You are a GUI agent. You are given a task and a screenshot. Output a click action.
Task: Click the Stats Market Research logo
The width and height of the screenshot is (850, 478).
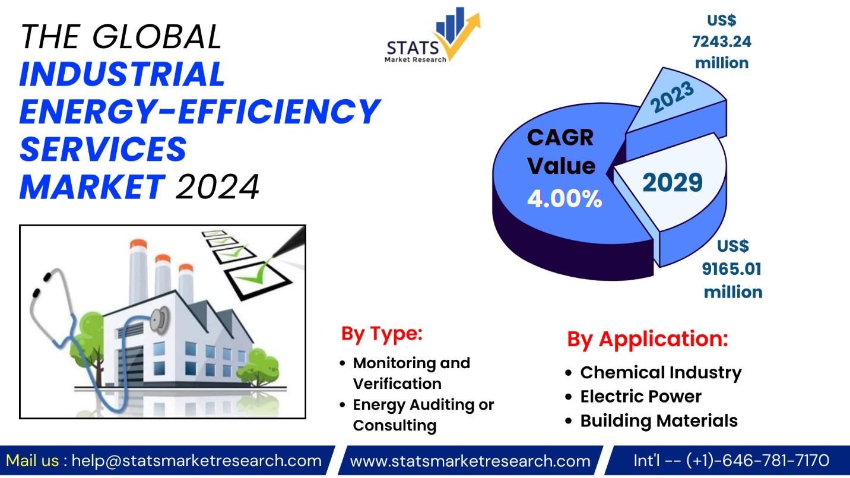pyautogui.click(x=433, y=35)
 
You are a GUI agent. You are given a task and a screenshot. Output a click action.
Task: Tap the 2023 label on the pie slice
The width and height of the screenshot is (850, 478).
pyautogui.click(x=672, y=97)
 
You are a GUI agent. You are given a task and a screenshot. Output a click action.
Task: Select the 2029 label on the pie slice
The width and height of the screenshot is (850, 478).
pyautogui.click(x=672, y=182)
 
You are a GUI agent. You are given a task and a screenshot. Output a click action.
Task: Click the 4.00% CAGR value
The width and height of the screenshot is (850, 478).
pyautogui.click(x=564, y=198)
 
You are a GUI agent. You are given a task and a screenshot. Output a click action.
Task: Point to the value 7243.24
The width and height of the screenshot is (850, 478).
pyautogui.click(x=721, y=42)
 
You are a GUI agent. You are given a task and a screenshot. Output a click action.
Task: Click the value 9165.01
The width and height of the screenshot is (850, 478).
pyautogui.click(x=731, y=269)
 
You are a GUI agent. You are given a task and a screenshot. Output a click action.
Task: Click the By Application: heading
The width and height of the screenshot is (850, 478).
pyautogui.click(x=648, y=339)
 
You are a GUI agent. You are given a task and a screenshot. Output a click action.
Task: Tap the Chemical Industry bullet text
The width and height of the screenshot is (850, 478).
pyautogui.click(x=661, y=372)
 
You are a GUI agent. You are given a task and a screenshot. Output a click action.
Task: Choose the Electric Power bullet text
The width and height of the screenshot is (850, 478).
pyautogui.click(x=640, y=397)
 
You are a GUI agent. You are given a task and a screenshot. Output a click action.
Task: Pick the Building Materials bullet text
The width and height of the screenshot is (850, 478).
pyautogui.click(x=659, y=420)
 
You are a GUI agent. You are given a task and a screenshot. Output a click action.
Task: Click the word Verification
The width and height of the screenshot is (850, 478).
pyautogui.click(x=397, y=384)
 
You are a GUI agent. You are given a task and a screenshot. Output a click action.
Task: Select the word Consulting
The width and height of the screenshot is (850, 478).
pyautogui.click(x=395, y=426)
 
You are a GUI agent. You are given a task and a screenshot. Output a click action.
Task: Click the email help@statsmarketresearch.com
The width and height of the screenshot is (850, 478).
pyautogui.click(x=196, y=461)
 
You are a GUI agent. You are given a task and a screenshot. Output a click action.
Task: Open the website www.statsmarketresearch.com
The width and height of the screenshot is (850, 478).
pyautogui.click(x=470, y=461)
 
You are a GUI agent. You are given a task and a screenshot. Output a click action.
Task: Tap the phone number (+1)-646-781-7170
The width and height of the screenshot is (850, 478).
pyautogui.click(x=758, y=461)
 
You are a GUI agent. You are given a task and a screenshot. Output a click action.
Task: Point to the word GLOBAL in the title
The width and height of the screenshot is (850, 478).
pyautogui.click(x=157, y=37)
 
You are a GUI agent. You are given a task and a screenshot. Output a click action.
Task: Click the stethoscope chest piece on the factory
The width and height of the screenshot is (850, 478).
pyautogui.click(x=160, y=319)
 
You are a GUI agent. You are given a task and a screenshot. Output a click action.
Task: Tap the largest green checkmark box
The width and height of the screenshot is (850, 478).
pyautogui.click(x=259, y=280)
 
